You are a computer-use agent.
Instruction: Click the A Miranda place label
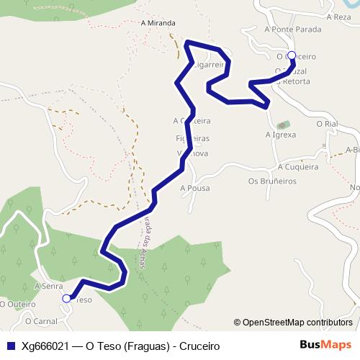point(158,23)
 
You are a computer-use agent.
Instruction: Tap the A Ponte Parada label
point(293,30)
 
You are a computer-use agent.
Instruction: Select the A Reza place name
point(338,17)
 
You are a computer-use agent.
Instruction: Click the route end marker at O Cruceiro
point(292,55)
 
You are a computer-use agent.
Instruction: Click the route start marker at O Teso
point(67,298)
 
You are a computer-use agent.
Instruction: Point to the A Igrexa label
point(281,135)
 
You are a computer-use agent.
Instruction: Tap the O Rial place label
point(327,124)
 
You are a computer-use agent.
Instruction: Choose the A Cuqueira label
point(297,167)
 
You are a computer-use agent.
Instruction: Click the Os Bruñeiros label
point(272,181)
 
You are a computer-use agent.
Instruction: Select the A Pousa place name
point(194,188)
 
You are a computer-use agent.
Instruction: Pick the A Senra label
point(48,286)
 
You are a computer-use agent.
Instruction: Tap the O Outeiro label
point(18,304)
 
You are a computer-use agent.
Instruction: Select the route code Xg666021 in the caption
point(45,346)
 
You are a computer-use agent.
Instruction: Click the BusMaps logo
point(325,345)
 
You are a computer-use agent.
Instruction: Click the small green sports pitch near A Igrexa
point(282,125)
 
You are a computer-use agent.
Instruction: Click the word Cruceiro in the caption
point(197,346)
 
